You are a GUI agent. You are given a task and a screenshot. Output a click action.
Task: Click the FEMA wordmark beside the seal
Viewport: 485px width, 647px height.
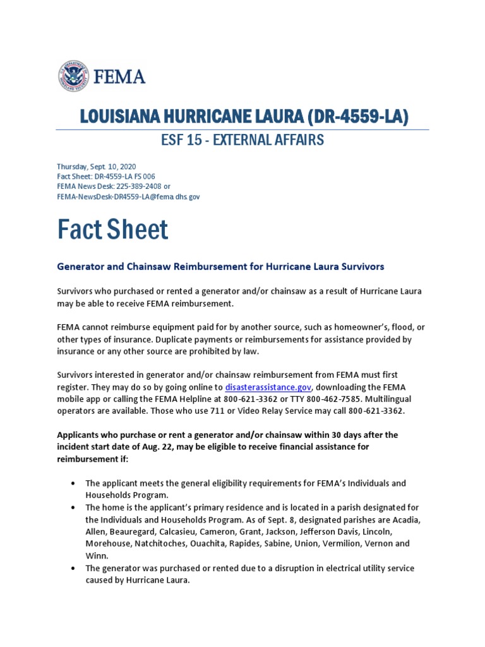point(119,77)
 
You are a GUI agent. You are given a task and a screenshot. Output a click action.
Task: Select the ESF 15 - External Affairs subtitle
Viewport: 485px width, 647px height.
point(242,140)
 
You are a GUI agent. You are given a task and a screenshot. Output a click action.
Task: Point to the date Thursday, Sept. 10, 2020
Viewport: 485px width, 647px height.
point(97,166)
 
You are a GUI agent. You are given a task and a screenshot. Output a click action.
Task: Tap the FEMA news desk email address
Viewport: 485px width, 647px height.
point(128,197)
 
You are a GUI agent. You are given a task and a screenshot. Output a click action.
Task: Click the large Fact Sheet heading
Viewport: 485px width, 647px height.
point(112,229)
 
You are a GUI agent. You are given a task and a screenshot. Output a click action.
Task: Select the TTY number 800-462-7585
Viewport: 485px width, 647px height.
point(338,399)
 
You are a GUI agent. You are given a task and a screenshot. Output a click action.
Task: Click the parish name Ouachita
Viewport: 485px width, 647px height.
point(218,543)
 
